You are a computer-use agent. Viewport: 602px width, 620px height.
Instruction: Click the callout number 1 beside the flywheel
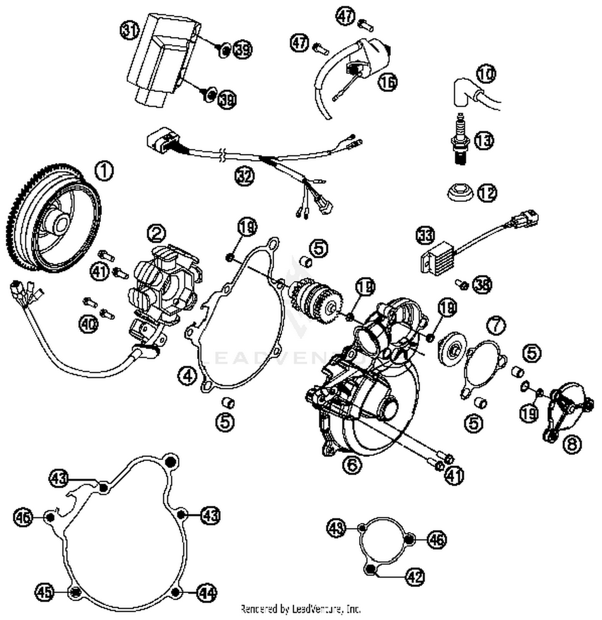pyautogui.click(x=104, y=171)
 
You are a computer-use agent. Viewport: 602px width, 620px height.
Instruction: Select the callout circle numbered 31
pyautogui.click(x=130, y=31)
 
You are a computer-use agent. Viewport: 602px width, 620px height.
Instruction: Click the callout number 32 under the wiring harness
pyautogui.click(x=245, y=176)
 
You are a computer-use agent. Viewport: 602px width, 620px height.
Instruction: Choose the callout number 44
pyautogui.click(x=206, y=593)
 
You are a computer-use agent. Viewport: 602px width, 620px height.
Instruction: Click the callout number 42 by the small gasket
pyautogui.click(x=415, y=577)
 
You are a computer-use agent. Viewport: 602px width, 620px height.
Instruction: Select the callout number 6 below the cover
pyautogui.click(x=352, y=465)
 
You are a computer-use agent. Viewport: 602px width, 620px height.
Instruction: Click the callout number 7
pyautogui.click(x=496, y=325)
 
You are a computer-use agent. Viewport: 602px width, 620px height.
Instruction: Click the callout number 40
pyautogui.click(x=88, y=323)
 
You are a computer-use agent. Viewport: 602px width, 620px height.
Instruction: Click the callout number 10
pyautogui.click(x=486, y=74)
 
